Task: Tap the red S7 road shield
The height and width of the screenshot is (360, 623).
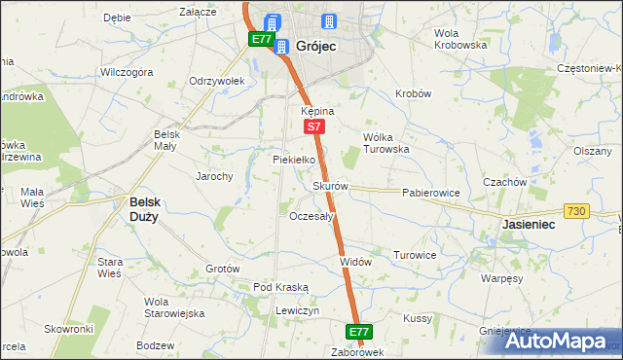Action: [312, 126]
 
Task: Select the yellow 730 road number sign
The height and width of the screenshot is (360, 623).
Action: [576, 212]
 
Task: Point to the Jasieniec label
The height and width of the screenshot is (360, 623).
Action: [528, 224]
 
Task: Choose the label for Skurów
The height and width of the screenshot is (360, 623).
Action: [330, 185]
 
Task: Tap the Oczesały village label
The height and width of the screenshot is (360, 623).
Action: [312, 216]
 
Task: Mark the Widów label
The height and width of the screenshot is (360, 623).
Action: [355, 262]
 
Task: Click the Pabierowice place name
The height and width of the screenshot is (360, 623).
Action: [430, 193]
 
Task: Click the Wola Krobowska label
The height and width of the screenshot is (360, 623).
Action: [459, 39]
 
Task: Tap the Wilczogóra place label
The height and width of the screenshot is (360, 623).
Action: [128, 72]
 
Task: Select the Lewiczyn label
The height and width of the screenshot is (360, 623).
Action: [297, 309]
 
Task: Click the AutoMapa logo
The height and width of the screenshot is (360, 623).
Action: [560, 341]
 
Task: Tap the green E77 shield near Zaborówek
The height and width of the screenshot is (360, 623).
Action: [359, 332]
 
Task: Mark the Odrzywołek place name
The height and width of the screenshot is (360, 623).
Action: [215, 81]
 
